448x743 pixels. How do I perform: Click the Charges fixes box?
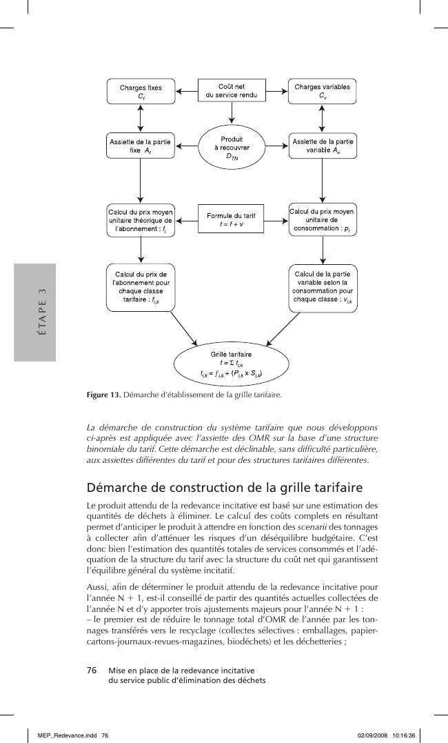(x=141, y=91)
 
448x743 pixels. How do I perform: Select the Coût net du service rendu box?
(x=232, y=90)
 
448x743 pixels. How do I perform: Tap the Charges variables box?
(x=322, y=91)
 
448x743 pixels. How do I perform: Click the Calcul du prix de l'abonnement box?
(x=141, y=286)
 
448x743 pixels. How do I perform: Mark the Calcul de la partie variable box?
(x=322, y=286)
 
